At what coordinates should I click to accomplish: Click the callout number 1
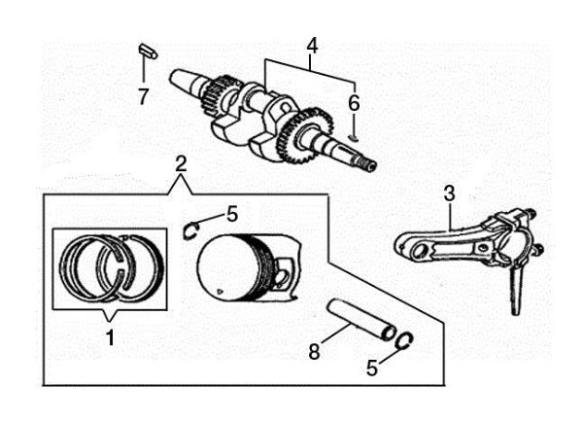[111, 338]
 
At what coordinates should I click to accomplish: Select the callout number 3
[449, 193]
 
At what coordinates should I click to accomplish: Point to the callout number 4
[312, 45]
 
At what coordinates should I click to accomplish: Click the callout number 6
[354, 101]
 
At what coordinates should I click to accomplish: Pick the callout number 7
[143, 96]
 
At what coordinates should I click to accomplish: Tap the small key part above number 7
[144, 49]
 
